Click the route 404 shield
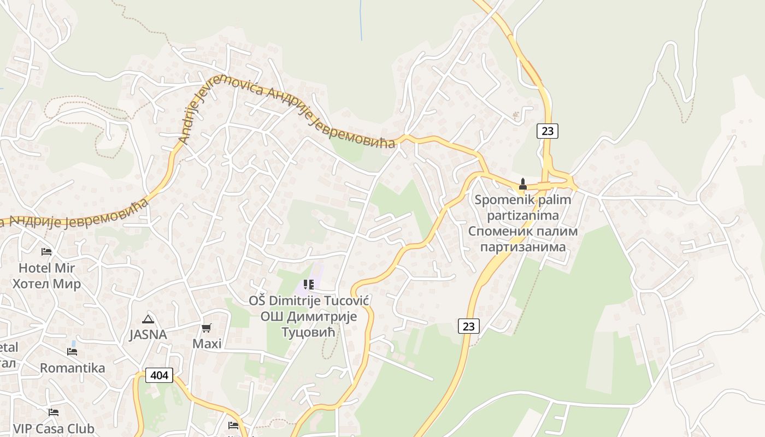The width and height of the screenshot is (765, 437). click(x=159, y=375)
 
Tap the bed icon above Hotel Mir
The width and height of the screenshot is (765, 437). click(x=46, y=252)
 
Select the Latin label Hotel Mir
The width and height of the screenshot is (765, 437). click(x=46, y=268)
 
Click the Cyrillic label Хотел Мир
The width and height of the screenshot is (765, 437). click(x=46, y=284)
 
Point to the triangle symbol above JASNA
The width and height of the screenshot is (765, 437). click(x=148, y=319)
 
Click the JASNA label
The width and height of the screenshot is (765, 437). click(x=148, y=334)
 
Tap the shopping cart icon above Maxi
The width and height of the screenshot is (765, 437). click(x=207, y=328)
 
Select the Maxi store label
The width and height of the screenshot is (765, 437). click(x=207, y=344)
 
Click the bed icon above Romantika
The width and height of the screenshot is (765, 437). click(x=72, y=351)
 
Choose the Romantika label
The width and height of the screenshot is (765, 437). click(x=72, y=368)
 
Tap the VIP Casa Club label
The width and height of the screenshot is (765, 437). click(x=54, y=429)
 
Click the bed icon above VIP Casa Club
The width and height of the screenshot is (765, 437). click(x=53, y=412)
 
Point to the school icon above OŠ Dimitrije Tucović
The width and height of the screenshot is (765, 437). click(x=309, y=285)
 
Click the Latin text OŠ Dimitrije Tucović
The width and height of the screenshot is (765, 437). click(x=309, y=301)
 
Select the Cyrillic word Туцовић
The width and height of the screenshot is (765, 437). click(x=309, y=332)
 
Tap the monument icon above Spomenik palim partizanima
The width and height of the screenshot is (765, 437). click(x=522, y=184)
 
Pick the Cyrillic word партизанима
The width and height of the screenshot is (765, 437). click(x=522, y=247)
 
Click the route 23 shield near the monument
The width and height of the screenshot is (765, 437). click(x=547, y=131)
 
